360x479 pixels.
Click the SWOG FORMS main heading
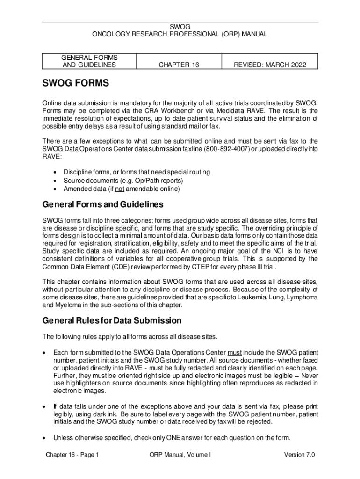[x=75, y=83]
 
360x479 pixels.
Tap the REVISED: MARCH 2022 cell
[x=270, y=65]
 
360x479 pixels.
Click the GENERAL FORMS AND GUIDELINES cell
[x=89, y=61]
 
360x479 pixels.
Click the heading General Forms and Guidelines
[x=102, y=204]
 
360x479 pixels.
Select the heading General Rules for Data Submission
[x=112, y=321]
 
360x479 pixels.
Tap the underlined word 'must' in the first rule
[x=234, y=352]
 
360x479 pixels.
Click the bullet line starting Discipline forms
[x=137, y=172]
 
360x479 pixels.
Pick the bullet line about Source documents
[x=123, y=181]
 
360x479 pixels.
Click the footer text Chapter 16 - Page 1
[x=72, y=455]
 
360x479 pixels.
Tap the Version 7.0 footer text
[x=299, y=455]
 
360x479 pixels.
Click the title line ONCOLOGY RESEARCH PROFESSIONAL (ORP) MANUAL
[x=180, y=34]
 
